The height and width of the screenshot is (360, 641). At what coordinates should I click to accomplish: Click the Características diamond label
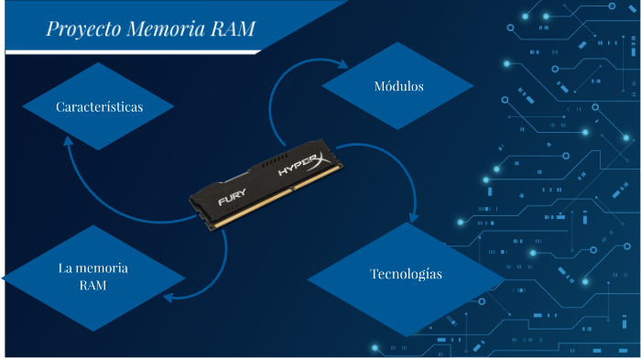tap(99, 107)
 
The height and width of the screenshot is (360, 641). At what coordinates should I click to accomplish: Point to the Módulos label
tap(398, 87)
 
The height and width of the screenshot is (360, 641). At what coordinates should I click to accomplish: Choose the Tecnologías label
tap(406, 274)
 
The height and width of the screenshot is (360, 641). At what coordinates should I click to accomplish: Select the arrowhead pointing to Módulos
tap(343, 65)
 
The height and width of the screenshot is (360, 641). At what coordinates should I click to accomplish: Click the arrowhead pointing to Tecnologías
tap(414, 221)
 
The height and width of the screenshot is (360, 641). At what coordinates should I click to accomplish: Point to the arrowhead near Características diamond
tap(67, 143)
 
